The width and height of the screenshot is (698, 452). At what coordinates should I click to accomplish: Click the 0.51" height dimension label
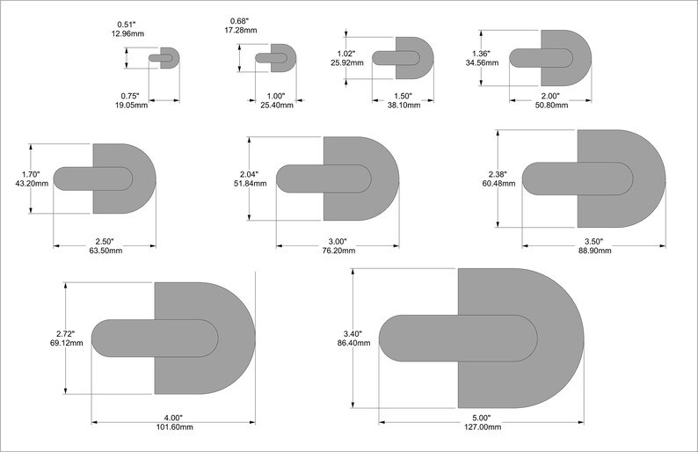[x=127, y=24]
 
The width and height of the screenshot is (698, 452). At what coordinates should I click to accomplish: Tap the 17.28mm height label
[x=240, y=30]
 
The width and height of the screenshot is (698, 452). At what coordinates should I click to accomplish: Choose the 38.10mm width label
[x=403, y=104]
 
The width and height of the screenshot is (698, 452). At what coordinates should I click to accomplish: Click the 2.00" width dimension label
[x=550, y=96]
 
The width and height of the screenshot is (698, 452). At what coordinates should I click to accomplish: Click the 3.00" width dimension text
[x=338, y=241]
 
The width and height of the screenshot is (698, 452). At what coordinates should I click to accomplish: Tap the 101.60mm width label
[x=173, y=426]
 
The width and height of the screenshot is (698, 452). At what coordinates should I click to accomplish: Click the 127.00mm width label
[x=481, y=426]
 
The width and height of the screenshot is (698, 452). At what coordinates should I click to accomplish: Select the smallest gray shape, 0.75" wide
[x=171, y=58]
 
